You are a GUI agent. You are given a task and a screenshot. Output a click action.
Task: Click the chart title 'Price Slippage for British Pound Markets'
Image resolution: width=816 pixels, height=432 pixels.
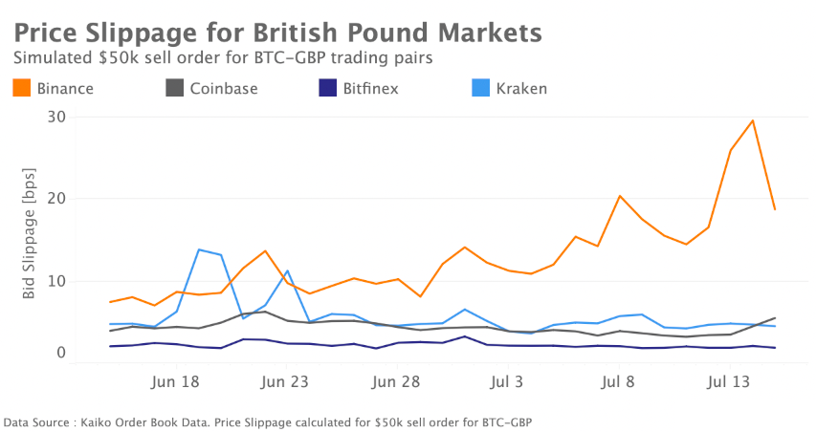pyautogui.click(x=278, y=32)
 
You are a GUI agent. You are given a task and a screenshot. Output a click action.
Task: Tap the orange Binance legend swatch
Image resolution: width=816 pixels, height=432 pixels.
pyautogui.click(x=22, y=89)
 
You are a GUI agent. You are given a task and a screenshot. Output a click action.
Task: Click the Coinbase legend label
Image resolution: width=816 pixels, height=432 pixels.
pyautogui.click(x=222, y=89)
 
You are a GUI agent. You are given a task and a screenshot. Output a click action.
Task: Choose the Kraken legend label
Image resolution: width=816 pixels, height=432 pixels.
pyautogui.click(x=521, y=89)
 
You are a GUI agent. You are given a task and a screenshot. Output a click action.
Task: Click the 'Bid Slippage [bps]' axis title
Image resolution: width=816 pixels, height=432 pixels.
pyautogui.click(x=30, y=243)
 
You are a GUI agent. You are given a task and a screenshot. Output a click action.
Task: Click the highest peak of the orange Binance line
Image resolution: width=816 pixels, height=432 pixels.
pyautogui.click(x=753, y=120)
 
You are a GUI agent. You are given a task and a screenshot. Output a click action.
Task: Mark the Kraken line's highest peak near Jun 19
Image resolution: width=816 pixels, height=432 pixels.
pyautogui.click(x=198, y=249)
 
